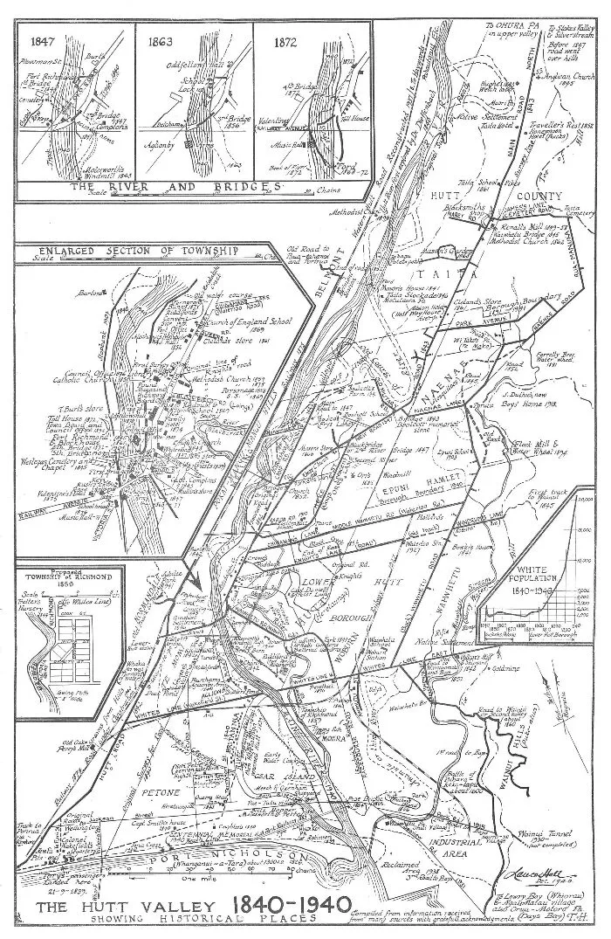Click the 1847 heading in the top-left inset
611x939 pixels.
pyautogui.click(x=42, y=40)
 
